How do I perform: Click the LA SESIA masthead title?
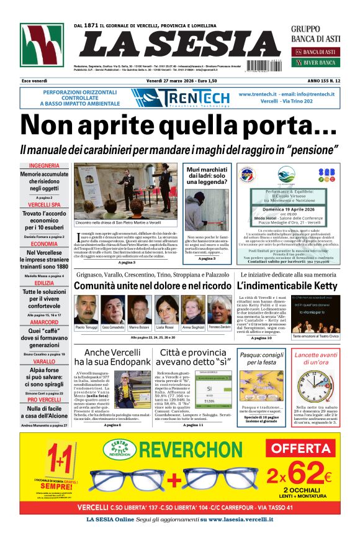click(x=180, y=44)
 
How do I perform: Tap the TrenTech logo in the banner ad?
click(x=180, y=98)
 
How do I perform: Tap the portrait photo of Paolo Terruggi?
click(x=86, y=309)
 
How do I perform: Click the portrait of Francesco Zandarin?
click(x=219, y=309)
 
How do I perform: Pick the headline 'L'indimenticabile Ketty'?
click(x=286, y=286)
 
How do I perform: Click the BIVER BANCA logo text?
click(x=321, y=62)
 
